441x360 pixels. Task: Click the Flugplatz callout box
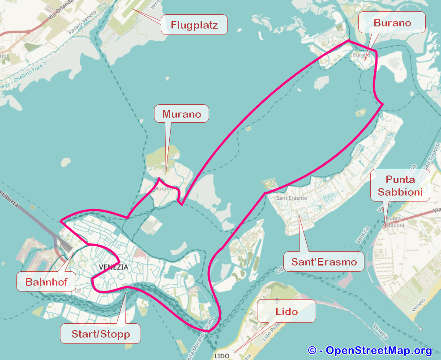tap(194, 25)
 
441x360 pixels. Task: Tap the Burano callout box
tap(392, 23)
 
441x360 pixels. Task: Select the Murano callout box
tap(181, 114)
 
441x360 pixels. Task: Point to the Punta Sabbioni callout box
tap(400, 185)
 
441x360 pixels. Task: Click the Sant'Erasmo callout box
tap(324, 261)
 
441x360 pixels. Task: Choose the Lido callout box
tap(287, 311)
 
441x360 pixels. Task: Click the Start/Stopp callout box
tap(101, 334)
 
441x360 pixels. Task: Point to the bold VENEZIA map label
tap(113, 267)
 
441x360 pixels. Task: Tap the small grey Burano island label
tap(360, 55)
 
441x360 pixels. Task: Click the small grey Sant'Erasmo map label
tap(291, 198)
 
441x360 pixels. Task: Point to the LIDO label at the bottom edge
tap(222, 356)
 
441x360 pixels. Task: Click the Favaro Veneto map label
tap(83, 27)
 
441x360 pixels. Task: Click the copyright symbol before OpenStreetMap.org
tap(313, 350)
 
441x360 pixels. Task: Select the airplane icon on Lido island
tap(277, 300)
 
